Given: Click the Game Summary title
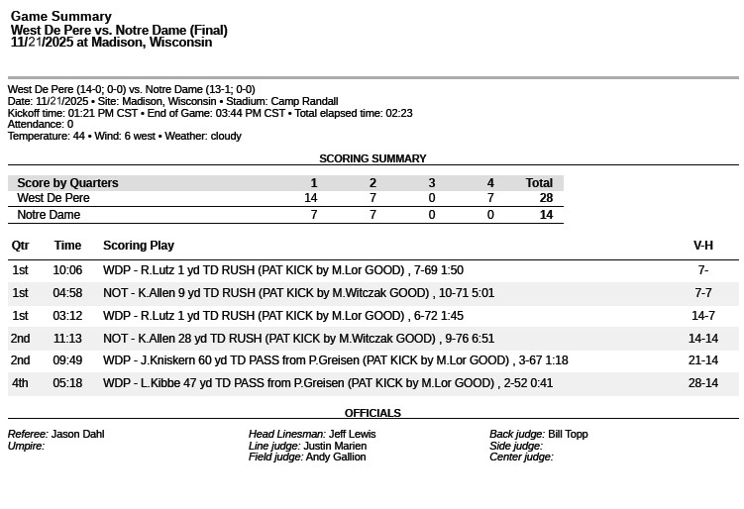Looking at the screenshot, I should (60, 17).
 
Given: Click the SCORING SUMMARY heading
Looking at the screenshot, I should (372, 158).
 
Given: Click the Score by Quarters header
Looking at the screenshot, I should (67, 183).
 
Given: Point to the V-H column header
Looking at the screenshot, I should (702, 246).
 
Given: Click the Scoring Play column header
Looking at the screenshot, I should (139, 246).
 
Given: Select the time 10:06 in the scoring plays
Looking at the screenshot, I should (67, 270).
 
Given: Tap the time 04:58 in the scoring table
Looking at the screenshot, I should (67, 293).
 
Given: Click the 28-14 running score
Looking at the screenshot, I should (703, 383).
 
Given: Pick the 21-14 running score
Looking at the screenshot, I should (703, 360).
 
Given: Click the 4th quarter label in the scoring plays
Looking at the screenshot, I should (21, 383).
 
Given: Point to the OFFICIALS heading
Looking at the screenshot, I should (372, 413).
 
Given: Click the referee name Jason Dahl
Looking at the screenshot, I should (77, 434).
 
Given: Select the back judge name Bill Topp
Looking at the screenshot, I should (568, 434).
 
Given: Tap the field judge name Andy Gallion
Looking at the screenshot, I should (336, 458).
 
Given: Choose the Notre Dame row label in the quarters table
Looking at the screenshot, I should (49, 215).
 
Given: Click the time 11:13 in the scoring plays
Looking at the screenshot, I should (67, 338).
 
